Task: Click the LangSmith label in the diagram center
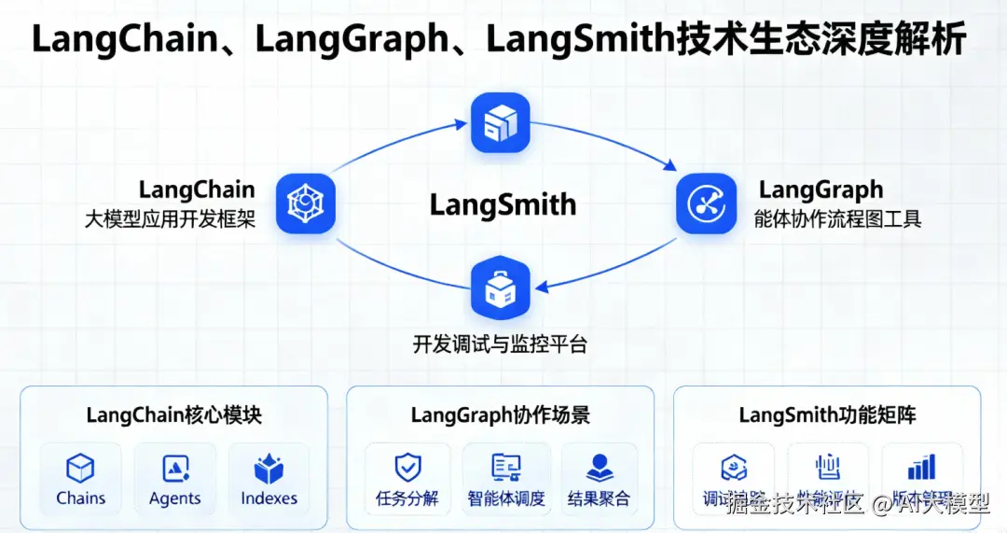[x=503, y=204]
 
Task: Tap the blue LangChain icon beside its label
[x=305, y=203]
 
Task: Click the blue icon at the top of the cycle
[x=501, y=122]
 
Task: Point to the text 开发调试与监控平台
[x=501, y=344]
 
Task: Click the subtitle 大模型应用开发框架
[x=170, y=220]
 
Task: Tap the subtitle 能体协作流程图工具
[x=837, y=220]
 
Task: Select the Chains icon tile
[x=81, y=469]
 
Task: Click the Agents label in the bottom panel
[x=174, y=498]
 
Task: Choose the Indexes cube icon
[x=269, y=469]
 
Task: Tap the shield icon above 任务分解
[x=407, y=469]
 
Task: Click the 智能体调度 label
[x=506, y=498]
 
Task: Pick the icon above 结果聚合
[x=599, y=469]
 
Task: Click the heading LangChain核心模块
[x=174, y=414]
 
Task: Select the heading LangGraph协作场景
[x=501, y=414]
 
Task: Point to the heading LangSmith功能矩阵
[x=827, y=414]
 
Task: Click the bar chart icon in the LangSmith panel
[x=921, y=467]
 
